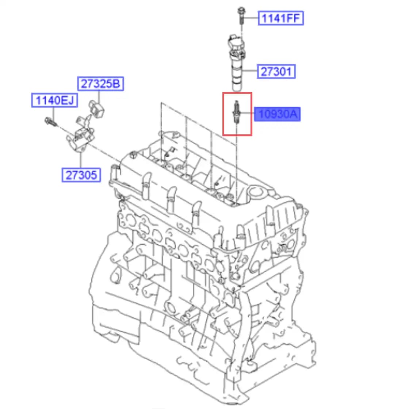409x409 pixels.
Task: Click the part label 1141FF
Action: click(x=281, y=18)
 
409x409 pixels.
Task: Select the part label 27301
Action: click(x=276, y=72)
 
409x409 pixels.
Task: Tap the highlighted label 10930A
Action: click(x=277, y=114)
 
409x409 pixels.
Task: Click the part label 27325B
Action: click(x=100, y=84)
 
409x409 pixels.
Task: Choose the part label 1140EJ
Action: click(x=54, y=100)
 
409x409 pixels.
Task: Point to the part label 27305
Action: click(x=81, y=175)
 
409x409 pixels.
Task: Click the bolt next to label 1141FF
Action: click(x=241, y=15)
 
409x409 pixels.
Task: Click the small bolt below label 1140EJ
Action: click(x=51, y=122)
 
